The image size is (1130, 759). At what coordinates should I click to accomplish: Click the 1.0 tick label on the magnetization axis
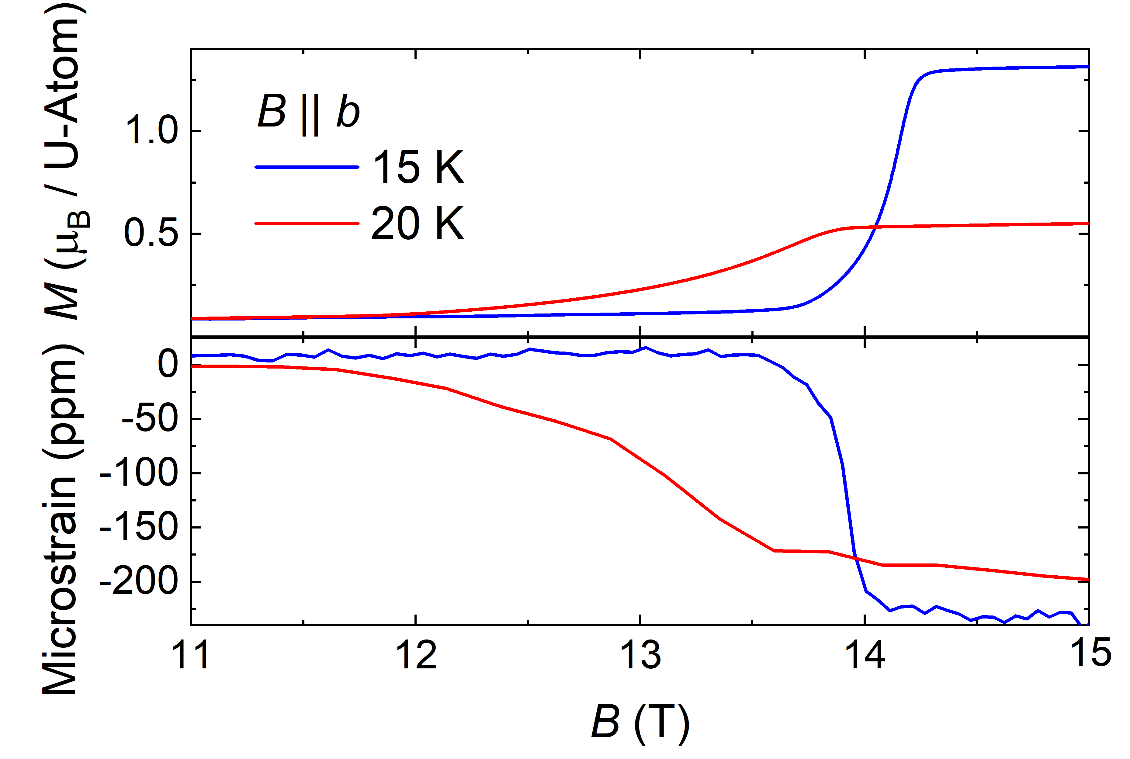[x=151, y=131]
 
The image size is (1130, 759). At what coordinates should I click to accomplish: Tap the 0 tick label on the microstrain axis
[x=168, y=364]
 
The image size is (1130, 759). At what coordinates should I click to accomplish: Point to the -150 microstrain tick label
[x=139, y=527]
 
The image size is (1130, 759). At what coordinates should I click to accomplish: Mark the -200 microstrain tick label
[x=139, y=581]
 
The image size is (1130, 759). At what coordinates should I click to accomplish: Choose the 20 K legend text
[x=418, y=223]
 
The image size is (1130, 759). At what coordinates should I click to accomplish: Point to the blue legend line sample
[x=307, y=167]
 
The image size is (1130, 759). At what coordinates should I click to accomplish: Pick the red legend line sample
[x=307, y=223]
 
